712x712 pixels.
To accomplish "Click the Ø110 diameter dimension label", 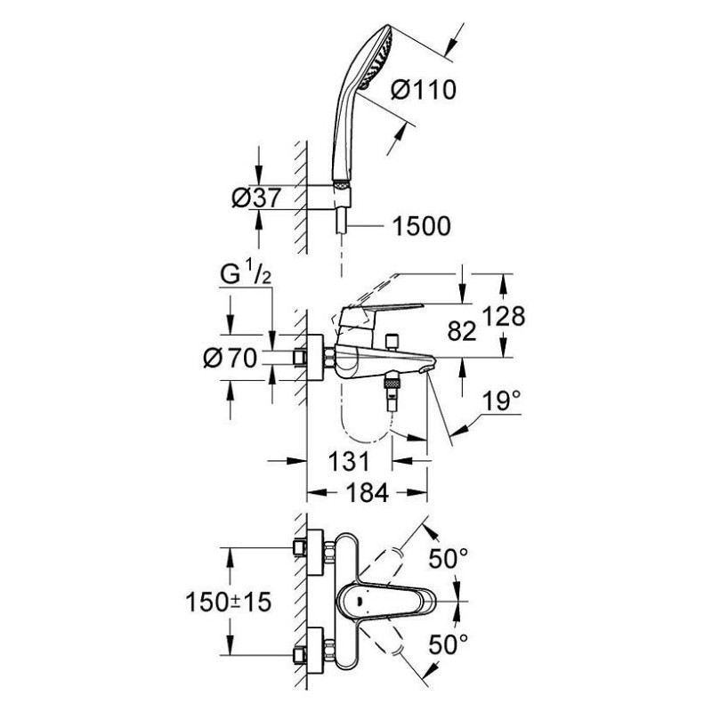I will [x=424, y=89].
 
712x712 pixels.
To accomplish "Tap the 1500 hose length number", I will [x=420, y=228].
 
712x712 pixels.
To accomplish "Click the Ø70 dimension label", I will [x=230, y=358].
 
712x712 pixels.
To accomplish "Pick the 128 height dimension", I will [x=506, y=316].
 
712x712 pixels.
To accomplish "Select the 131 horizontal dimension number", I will [x=344, y=462].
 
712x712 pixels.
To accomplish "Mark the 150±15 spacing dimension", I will [x=226, y=602].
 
